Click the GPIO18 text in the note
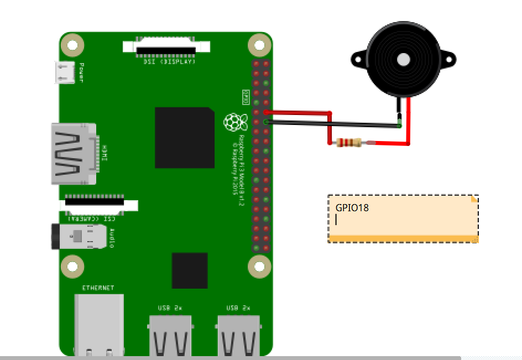tap(352, 208)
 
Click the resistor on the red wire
tap(348, 143)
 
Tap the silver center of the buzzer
tap(404, 59)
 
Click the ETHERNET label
tap(98, 288)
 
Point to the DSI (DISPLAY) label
tap(166, 62)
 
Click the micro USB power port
tap(65, 72)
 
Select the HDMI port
tap(75, 154)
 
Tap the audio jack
tap(77, 237)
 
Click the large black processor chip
tap(184, 138)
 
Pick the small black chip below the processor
tap(190, 270)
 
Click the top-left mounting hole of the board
tap(72, 44)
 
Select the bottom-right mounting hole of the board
tap(259, 267)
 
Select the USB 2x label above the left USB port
tap(170, 308)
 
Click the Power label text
tap(82, 72)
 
